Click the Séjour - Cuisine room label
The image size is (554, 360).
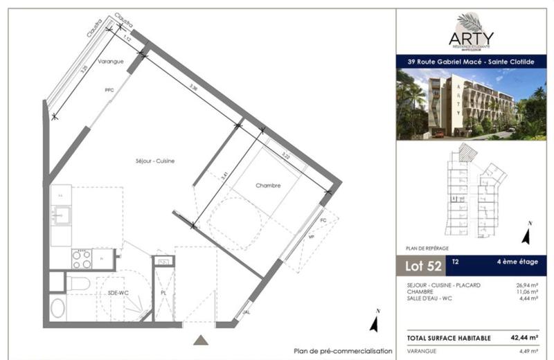pos(155,161)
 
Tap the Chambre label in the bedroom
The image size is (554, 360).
pos(267,186)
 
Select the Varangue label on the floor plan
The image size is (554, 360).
pos(110,62)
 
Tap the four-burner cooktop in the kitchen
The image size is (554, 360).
pos(82,259)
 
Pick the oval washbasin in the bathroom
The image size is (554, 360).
pos(58,307)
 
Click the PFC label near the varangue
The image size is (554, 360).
pos(109,90)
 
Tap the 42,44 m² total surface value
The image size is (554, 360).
pos(524,338)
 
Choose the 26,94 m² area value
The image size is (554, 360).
pos(526,285)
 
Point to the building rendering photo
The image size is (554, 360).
pos(471,103)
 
